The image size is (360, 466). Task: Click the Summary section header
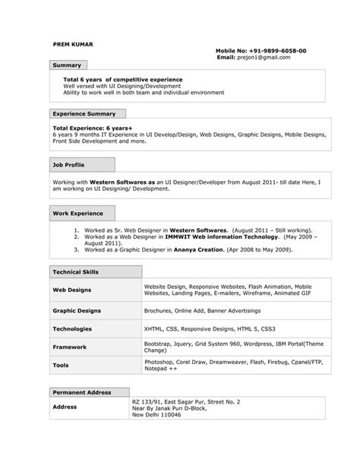(x=68, y=66)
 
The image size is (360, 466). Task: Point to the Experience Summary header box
(x=84, y=113)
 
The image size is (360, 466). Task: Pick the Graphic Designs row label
(x=77, y=311)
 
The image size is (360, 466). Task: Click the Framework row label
(x=70, y=347)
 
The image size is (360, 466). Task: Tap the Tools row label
(x=61, y=365)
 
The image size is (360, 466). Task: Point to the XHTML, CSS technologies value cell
(x=204, y=329)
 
